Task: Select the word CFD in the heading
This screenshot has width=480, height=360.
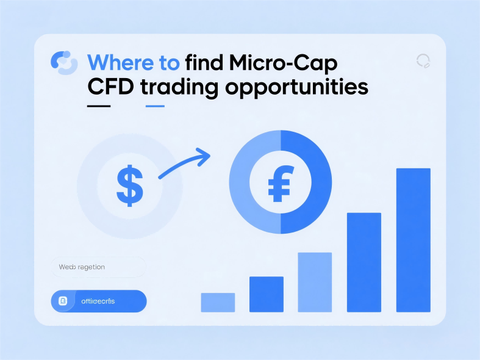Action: [x=110, y=87]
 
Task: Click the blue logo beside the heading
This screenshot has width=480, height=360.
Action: [x=64, y=62]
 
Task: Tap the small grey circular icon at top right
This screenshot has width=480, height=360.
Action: [x=423, y=60]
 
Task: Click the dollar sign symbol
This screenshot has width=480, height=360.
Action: [x=129, y=185]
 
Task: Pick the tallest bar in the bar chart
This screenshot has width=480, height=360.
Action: [x=413, y=239]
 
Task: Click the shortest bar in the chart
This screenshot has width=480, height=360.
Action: [x=218, y=302]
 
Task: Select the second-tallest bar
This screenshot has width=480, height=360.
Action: [x=364, y=262]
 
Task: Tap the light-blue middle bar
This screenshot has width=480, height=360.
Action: [x=315, y=281]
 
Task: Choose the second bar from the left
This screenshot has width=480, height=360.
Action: [x=267, y=294]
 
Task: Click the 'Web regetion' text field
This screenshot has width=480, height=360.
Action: [x=98, y=267]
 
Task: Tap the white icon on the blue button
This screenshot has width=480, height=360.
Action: [x=63, y=301]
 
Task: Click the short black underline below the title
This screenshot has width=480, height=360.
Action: [x=99, y=106]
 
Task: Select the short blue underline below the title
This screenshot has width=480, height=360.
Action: [x=155, y=106]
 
